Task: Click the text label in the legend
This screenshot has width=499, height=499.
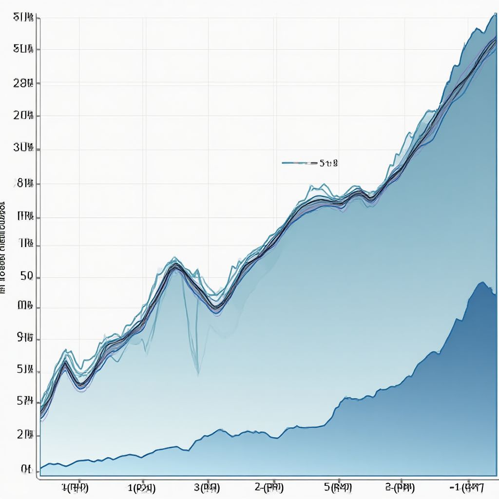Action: pyautogui.click(x=328, y=163)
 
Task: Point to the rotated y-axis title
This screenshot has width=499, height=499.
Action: pyautogui.click(x=3, y=246)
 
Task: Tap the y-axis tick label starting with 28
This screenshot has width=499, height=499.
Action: pyautogui.click(x=23, y=83)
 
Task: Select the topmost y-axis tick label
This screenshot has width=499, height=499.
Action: pyautogui.click(x=23, y=18)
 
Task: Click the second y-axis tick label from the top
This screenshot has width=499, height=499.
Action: pyautogui.click(x=23, y=49)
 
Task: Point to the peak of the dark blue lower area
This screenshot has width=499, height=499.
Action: pyautogui.click(x=482, y=282)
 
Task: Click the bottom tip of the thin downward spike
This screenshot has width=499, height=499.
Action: pyautogui.click(x=198, y=374)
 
